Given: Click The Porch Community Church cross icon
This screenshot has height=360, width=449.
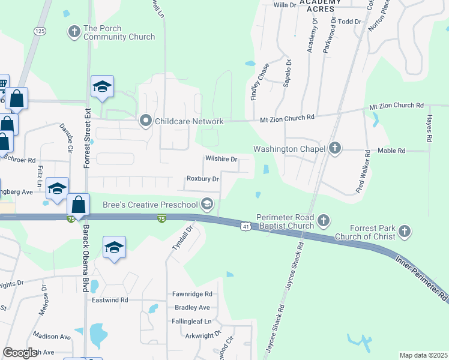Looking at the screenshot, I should [x=74, y=31].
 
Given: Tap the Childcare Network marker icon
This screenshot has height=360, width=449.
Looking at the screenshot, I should [x=145, y=121].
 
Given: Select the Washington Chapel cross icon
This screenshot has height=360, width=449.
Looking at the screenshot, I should [x=335, y=148].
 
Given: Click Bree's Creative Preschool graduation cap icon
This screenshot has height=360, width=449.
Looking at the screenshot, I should [x=207, y=205].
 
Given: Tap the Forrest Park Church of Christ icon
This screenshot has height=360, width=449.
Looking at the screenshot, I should [x=405, y=231].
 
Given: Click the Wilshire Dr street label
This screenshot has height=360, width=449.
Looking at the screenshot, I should [x=222, y=160].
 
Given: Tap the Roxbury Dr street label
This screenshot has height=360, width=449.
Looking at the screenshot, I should [x=202, y=179].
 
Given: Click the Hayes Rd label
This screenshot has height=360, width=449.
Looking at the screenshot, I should [x=430, y=128].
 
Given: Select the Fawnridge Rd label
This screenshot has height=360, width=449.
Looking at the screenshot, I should [x=192, y=294].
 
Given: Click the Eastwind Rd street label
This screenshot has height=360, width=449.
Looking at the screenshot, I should [x=110, y=299].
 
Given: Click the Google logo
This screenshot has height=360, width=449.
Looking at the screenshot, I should [x=20, y=352].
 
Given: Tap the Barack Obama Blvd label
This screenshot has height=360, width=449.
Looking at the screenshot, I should [x=85, y=252].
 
